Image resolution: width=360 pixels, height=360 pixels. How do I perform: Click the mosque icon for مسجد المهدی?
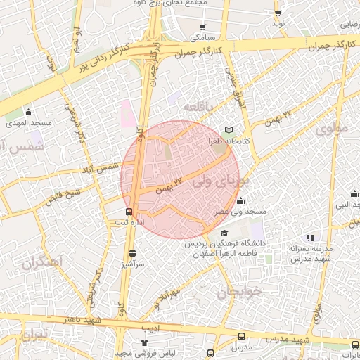click(x=28, y=112)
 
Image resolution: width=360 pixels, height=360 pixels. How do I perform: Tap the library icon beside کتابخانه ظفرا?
click(x=229, y=131)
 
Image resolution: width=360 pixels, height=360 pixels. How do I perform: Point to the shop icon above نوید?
click(x=278, y=13)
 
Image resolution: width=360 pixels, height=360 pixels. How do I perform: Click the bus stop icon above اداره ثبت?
click(x=129, y=211)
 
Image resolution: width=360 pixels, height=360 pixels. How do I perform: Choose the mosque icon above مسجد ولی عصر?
click(x=241, y=201)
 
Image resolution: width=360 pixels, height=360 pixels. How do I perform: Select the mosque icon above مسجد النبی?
click(x=354, y=194)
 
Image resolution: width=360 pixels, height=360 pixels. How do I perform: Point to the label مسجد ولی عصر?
click(x=241, y=212)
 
